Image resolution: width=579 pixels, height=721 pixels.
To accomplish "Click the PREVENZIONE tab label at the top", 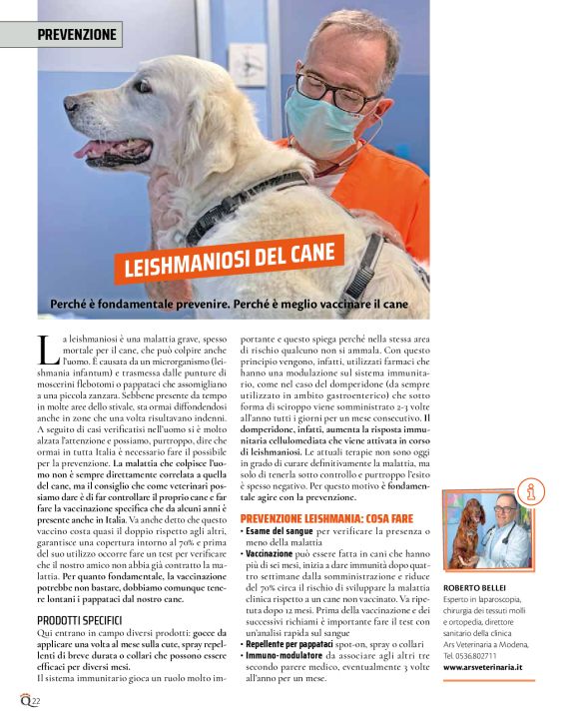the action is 77,35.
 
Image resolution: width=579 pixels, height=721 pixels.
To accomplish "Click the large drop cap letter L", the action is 47,349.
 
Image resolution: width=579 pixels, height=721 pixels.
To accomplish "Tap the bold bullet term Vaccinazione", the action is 269,551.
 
